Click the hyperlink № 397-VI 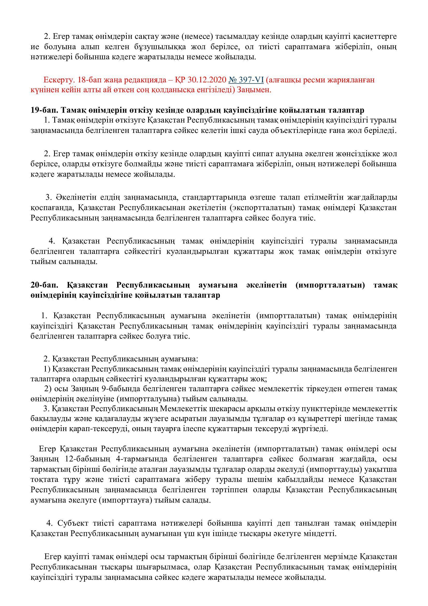click(246, 80)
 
